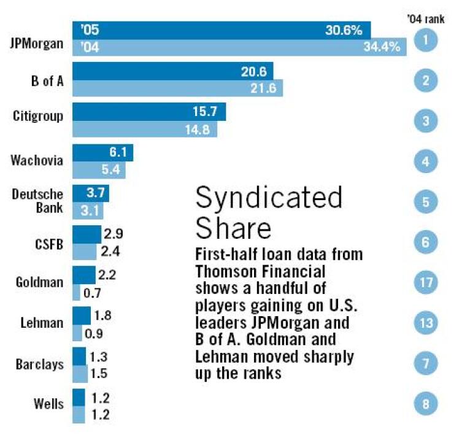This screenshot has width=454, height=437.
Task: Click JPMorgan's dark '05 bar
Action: pyautogui.click(x=221, y=29)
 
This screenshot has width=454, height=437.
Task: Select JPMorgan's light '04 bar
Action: pyautogui.click(x=239, y=46)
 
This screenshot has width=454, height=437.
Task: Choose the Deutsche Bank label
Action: pyautogui.click(x=38, y=199)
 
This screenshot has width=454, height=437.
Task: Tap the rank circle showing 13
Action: pyautogui.click(x=425, y=323)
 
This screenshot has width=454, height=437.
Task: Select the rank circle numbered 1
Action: pyautogui.click(x=425, y=41)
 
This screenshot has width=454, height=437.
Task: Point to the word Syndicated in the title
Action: pyautogui.click(x=269, y=199)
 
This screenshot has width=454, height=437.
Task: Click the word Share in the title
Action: pyautogui.click(x=233, y=228)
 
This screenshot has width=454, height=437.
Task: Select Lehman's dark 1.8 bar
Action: pyautogui.click(x=82, y=315)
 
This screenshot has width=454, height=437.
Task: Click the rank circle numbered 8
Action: pyautogui.click(x=425, y=404)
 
